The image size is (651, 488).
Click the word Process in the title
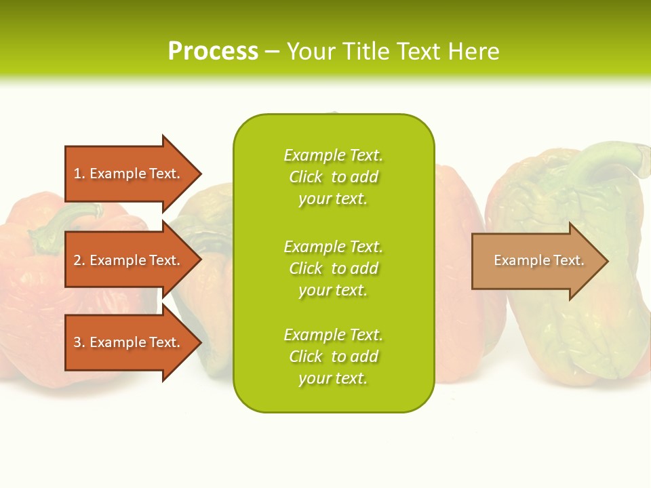click(x=213, y=52)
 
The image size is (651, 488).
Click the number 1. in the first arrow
click(x=79, y=174)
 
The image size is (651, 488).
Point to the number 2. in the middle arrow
click(x=79, y=260)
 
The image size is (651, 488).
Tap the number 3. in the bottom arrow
click(x=79, y=342)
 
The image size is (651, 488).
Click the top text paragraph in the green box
click(x=333, y=177)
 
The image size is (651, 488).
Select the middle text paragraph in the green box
click(x=333, y=268)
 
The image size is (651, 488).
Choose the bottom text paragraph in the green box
click(x=333, y=357)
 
